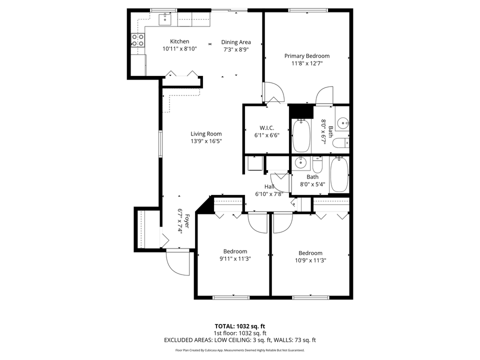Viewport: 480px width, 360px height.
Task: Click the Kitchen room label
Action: [179, 41]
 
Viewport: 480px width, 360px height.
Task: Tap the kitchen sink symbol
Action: [165, 19]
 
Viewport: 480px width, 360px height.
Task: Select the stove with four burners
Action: [138, 40]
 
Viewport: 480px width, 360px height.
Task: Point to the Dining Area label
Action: [236, 42]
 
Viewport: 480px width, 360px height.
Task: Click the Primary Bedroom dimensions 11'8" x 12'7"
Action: [307, 63]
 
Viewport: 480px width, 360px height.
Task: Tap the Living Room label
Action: [206, 133]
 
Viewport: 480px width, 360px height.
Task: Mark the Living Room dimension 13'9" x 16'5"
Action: [206, 141]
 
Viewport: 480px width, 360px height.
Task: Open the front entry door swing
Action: [178, 261]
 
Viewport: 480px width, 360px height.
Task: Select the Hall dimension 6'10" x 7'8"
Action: [269, 194]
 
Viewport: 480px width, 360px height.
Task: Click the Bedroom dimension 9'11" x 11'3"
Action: [235, 258]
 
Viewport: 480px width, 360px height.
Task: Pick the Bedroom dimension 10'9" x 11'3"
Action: [310, 260]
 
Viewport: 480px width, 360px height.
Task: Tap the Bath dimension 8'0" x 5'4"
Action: [312, 184]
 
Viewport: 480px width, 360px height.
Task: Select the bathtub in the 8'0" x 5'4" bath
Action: [339, 174]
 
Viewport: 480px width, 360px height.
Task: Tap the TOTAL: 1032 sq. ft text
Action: [239, 325]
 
